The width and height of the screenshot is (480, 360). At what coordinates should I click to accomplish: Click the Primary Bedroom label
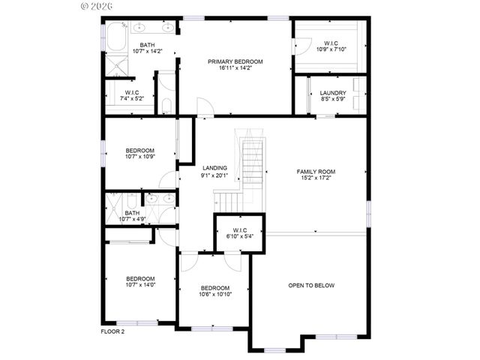click(x=235, y=60)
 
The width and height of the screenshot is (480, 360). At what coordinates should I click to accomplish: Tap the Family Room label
click(x=316, y=172)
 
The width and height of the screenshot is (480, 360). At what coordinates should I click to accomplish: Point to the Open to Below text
click(x=311, y=286)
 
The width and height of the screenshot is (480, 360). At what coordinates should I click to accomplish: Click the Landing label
click(x=214, y=168)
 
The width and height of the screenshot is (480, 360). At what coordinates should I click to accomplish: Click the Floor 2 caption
click(x=112, y=331)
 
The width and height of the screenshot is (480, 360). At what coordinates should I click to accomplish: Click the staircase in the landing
click(x=251, y=161)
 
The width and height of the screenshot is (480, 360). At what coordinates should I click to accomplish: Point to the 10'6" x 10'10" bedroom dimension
click(x=215, y=295)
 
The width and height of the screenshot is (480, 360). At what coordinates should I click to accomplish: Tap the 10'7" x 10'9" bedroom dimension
click(x=139, y=157)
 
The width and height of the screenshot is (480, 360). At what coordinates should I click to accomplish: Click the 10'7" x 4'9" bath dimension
click(x=132, y=220)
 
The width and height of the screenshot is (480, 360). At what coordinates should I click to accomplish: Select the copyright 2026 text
click(x=94, y=5)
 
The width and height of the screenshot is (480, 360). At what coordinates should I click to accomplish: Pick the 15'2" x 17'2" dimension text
click(x=316, y=178)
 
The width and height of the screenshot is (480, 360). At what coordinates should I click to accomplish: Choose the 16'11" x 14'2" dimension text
click(x=235, y=67)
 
